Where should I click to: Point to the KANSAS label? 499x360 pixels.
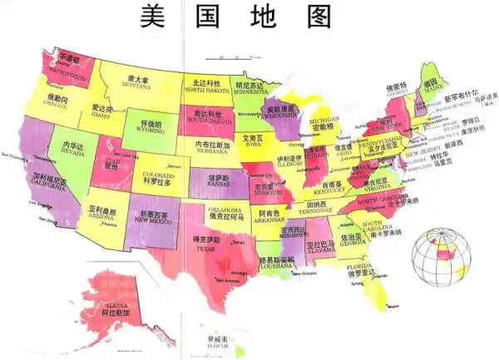(220, 184)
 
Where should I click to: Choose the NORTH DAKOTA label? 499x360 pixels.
(205, 90)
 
